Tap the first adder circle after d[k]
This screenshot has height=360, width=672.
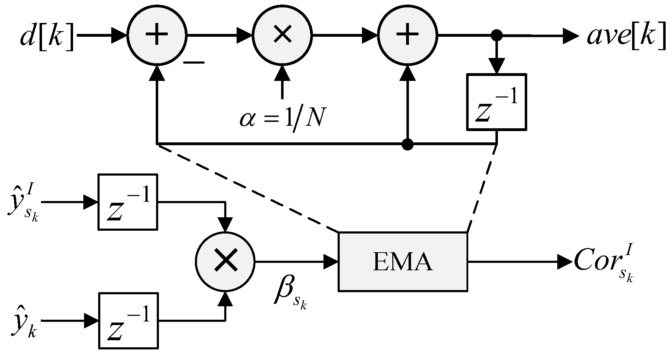point(156,35)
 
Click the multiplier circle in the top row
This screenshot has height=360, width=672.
point(282,35)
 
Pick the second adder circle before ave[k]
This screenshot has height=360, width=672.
point(408,35)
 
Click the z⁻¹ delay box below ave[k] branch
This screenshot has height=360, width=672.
point(496,102)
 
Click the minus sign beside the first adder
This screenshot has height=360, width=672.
point(194,63)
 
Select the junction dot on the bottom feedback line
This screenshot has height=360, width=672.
point(408,144)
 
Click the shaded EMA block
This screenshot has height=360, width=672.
point(403,262)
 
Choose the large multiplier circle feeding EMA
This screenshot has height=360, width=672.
point(225,262)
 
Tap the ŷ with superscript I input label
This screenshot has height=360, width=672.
point(23,205)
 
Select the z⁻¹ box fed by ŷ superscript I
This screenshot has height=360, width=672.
point(127,202)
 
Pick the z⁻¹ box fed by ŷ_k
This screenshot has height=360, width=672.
point(127,321)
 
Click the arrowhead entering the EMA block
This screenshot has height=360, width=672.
point(331,262)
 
